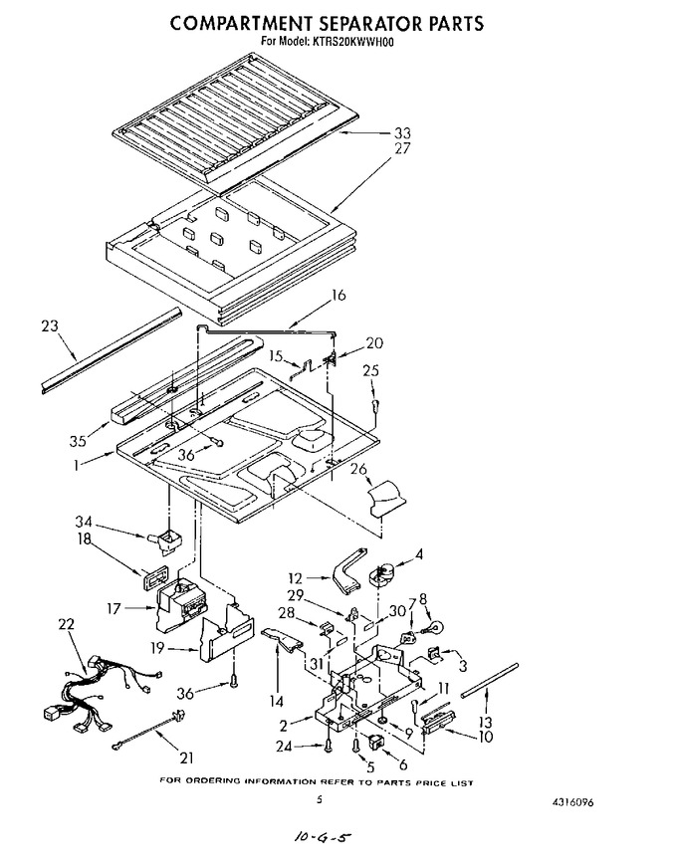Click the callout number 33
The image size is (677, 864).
402,133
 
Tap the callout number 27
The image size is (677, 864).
402,148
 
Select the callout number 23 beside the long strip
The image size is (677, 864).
50,325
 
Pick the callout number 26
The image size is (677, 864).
358,469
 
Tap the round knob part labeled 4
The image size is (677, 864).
380,574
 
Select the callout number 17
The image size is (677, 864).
113,609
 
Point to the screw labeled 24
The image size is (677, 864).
329,746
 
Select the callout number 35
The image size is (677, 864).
79,441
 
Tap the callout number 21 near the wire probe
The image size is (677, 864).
187,758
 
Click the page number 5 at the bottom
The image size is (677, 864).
319,800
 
